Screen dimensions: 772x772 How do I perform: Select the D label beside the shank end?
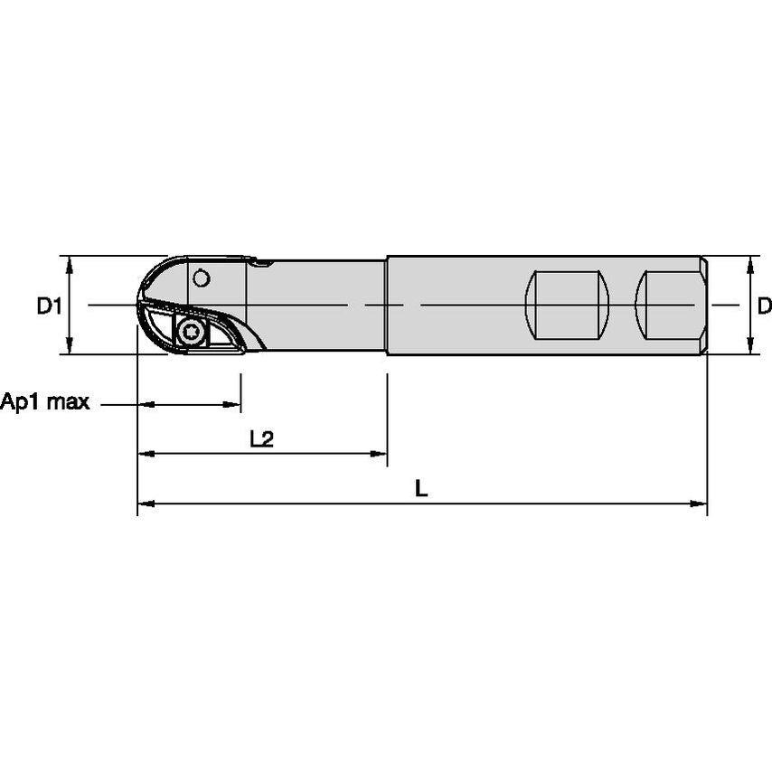click(764, 306)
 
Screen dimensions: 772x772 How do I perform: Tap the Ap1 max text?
click(45, 402)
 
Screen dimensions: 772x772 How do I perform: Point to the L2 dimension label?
click(261, 439)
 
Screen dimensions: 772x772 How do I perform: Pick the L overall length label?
click(421, 489)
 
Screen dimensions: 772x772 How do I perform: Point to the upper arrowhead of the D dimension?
click(749, 263)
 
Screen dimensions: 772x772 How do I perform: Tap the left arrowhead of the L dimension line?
click(144, 503)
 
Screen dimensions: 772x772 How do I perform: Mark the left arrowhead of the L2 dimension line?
click(144, 453)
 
